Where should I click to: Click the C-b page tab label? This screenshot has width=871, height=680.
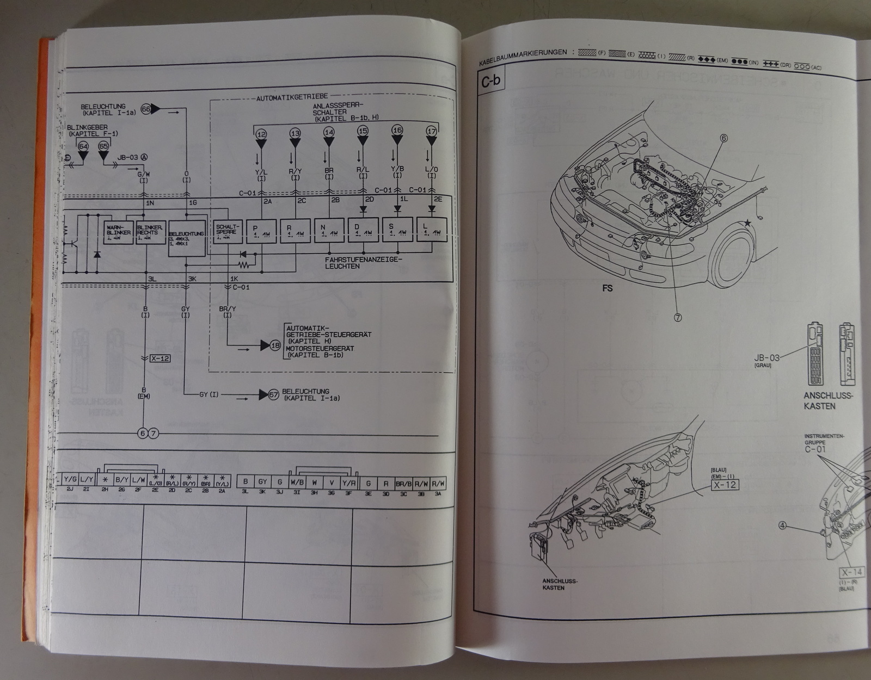tap(490, 82)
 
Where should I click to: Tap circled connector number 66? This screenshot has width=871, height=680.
tap(145, 109)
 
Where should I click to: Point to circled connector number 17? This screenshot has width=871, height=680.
tap(431, 131)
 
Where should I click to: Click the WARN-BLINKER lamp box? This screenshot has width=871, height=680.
tap(118, 232)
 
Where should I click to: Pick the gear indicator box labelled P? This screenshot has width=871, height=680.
tap(262, 230)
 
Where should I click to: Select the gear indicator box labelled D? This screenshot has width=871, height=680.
tap(364, 230)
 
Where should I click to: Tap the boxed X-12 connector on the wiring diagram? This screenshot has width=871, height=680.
tap(160, 358)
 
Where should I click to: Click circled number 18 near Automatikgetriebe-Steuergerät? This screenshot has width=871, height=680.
tap(276, 344)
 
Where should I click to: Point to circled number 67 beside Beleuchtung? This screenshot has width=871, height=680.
tap(274, 394)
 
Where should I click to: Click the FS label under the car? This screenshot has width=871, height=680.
tap(608, 288)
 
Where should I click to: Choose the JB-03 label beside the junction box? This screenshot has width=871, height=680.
tap(766, 357)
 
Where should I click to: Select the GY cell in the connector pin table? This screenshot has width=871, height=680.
tap(262, 481)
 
